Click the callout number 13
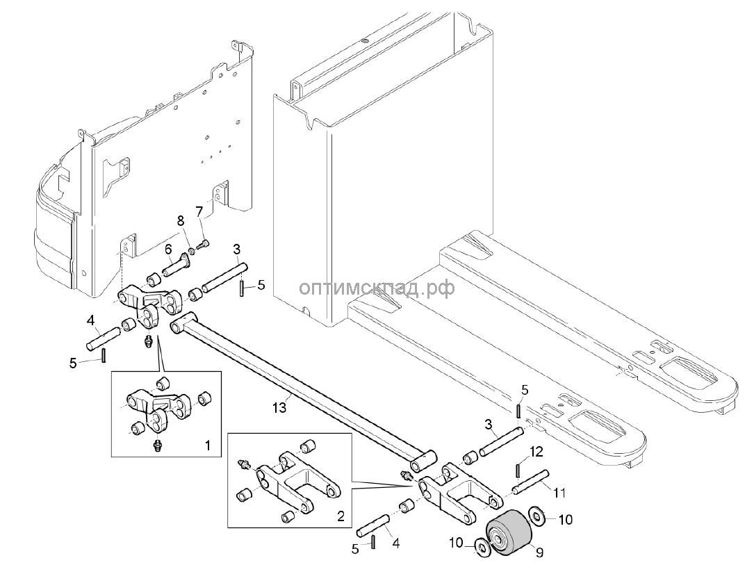pos(279,408)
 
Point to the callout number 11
pos(559,492)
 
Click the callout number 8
pos(181,221)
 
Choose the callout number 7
pos(199,210)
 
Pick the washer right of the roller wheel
pos(536,516)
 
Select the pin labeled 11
pos(532,482)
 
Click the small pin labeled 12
pos(520,470)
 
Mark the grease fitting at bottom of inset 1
pos(157,443)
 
